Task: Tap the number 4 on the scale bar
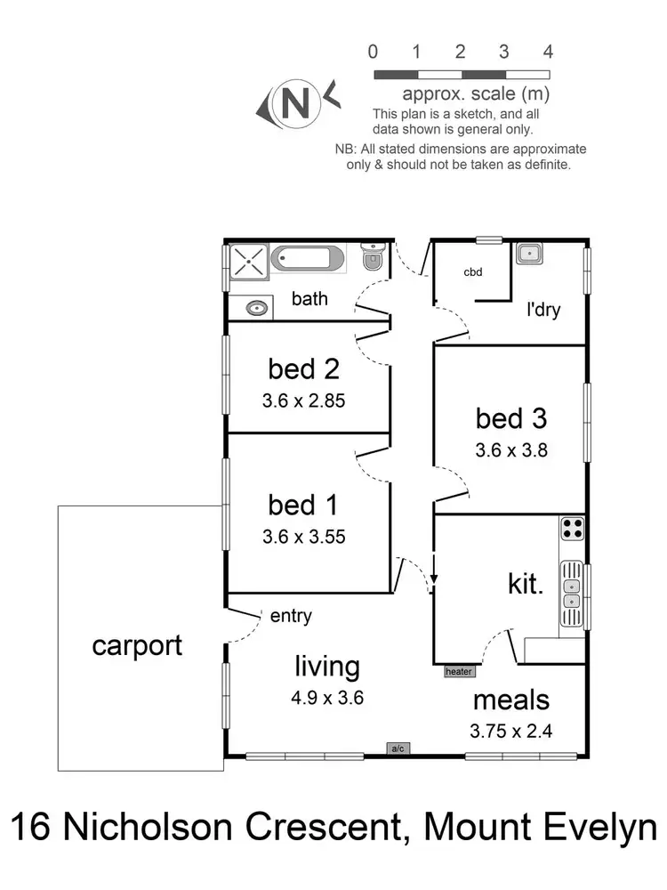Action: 548,51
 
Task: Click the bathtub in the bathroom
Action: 307,259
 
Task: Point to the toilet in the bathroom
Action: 374,260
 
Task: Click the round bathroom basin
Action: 258,308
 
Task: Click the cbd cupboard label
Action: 472,272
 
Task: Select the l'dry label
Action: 542,311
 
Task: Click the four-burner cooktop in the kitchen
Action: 572,529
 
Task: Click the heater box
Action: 459,672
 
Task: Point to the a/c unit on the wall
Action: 398,748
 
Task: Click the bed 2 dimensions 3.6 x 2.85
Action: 303,400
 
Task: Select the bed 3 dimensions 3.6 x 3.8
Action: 511,449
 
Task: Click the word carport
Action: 137,645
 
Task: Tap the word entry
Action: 291,615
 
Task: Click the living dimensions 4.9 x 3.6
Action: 327,698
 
